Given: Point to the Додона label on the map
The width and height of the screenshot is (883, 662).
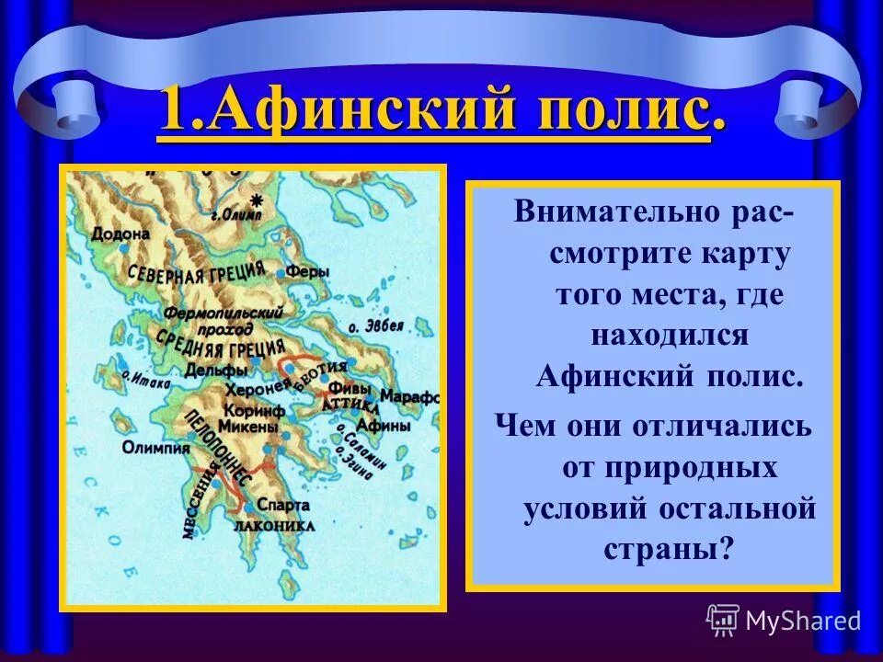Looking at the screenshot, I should pos(120,234).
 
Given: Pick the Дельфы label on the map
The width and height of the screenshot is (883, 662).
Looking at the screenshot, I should pos(216,370).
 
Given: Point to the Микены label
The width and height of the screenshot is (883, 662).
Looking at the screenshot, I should pos(249,427).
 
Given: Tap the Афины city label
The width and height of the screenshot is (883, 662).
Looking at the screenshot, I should pos(376,425).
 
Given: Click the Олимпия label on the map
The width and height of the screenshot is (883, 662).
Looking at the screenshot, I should pos(155,448).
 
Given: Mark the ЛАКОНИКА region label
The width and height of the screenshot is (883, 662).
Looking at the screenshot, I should pos(276,525).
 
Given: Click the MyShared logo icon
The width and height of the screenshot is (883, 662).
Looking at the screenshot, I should pos(723,620).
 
